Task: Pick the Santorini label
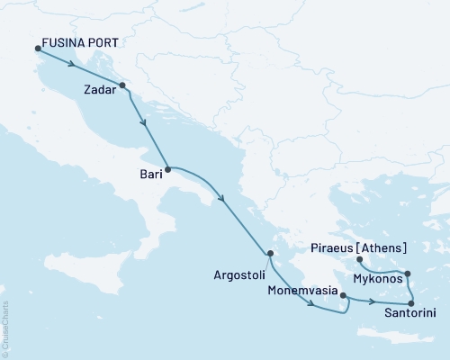pyautogui.click(x=411, y=313)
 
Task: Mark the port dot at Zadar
pyautogui.click(x=121, y=86)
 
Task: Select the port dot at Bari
pyautogui.click(x=168, y=168)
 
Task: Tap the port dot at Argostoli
pyautogui.click(x=270, y=253)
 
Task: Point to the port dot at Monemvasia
pyautogui.click(x=343, y=294)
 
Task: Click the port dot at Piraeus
pyautogui.click(x=358, y=259)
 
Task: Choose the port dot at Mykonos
pyautogui.click(x=408, y=274)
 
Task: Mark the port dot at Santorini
pyautogui.click(x=411, y=302)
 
